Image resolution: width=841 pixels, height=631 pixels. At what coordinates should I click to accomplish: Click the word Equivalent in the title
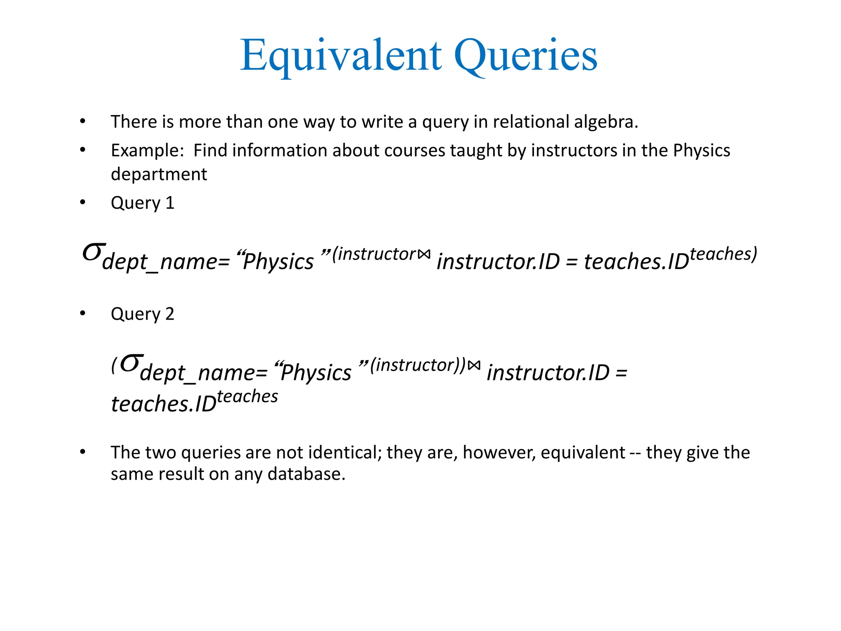point(341,55)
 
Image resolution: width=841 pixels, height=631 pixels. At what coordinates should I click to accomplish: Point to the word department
point(159,175)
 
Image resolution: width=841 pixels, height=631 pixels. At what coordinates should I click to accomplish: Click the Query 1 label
point(142,203)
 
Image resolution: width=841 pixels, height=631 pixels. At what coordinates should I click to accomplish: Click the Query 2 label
point(142,314)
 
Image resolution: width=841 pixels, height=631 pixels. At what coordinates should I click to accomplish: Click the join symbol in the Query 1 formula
point(424,255)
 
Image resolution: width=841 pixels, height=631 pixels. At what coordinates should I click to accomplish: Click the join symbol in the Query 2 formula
point(474,365)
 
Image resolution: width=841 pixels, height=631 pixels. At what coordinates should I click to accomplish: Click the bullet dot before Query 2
point(83,314)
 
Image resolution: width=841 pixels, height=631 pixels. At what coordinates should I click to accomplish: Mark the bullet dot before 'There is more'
point(83,122)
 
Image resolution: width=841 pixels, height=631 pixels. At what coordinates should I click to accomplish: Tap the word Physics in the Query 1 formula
point(278,262)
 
